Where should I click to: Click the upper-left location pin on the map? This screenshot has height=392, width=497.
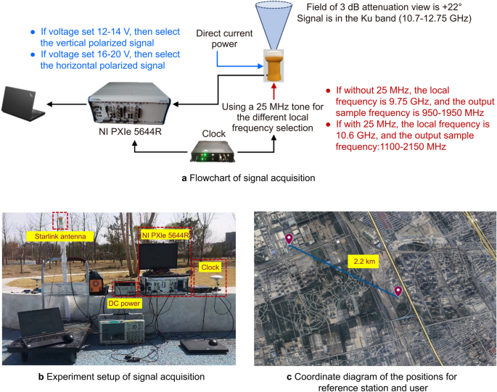click(x=289, y=240)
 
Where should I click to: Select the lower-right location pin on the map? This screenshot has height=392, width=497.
click(x=398, y=291)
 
